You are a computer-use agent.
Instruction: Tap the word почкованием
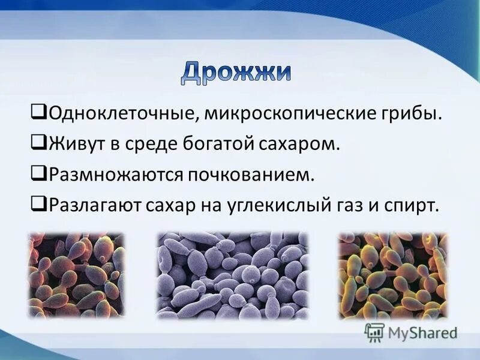[252, 175]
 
